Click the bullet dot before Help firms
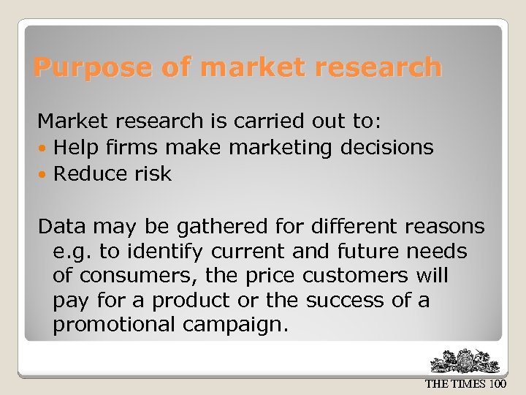[x=45, y=148]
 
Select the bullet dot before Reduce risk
[x=45, y=175]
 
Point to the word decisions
[x=387, y=147]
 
